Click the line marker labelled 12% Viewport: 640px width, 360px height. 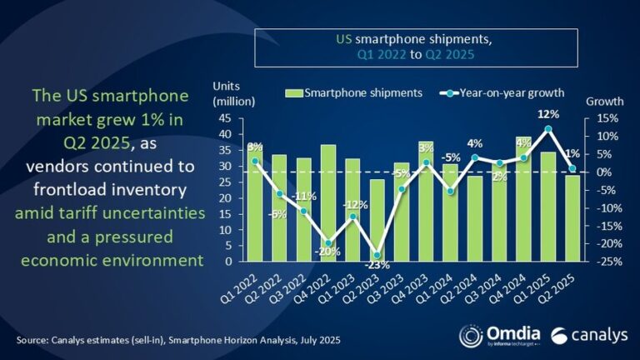(547, 128)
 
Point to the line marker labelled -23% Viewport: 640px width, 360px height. (377, 255)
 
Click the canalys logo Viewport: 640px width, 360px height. (587, 335)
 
